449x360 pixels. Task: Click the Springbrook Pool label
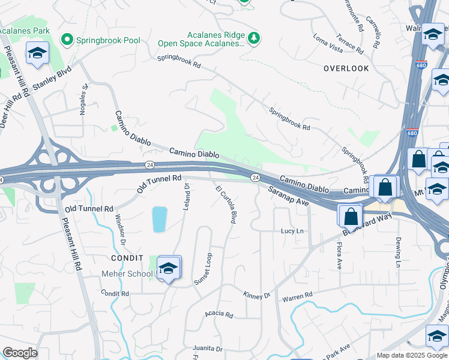click(108, 41)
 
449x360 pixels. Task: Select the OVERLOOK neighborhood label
click(346, 68)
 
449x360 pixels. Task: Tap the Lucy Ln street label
click(293, 231)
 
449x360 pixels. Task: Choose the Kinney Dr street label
click(258, 296)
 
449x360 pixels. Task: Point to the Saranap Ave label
click(288, 196)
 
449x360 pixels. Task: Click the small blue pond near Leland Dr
click(159, 220)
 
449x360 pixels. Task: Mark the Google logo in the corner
click(20, 353)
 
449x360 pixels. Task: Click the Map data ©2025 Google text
click(411, 355)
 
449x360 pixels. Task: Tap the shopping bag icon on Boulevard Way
click(349, 215)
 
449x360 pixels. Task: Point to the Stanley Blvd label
click(52, 79)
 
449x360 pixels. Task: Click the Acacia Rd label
click(218, 314)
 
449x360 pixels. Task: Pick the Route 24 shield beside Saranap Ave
click(255, 178)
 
